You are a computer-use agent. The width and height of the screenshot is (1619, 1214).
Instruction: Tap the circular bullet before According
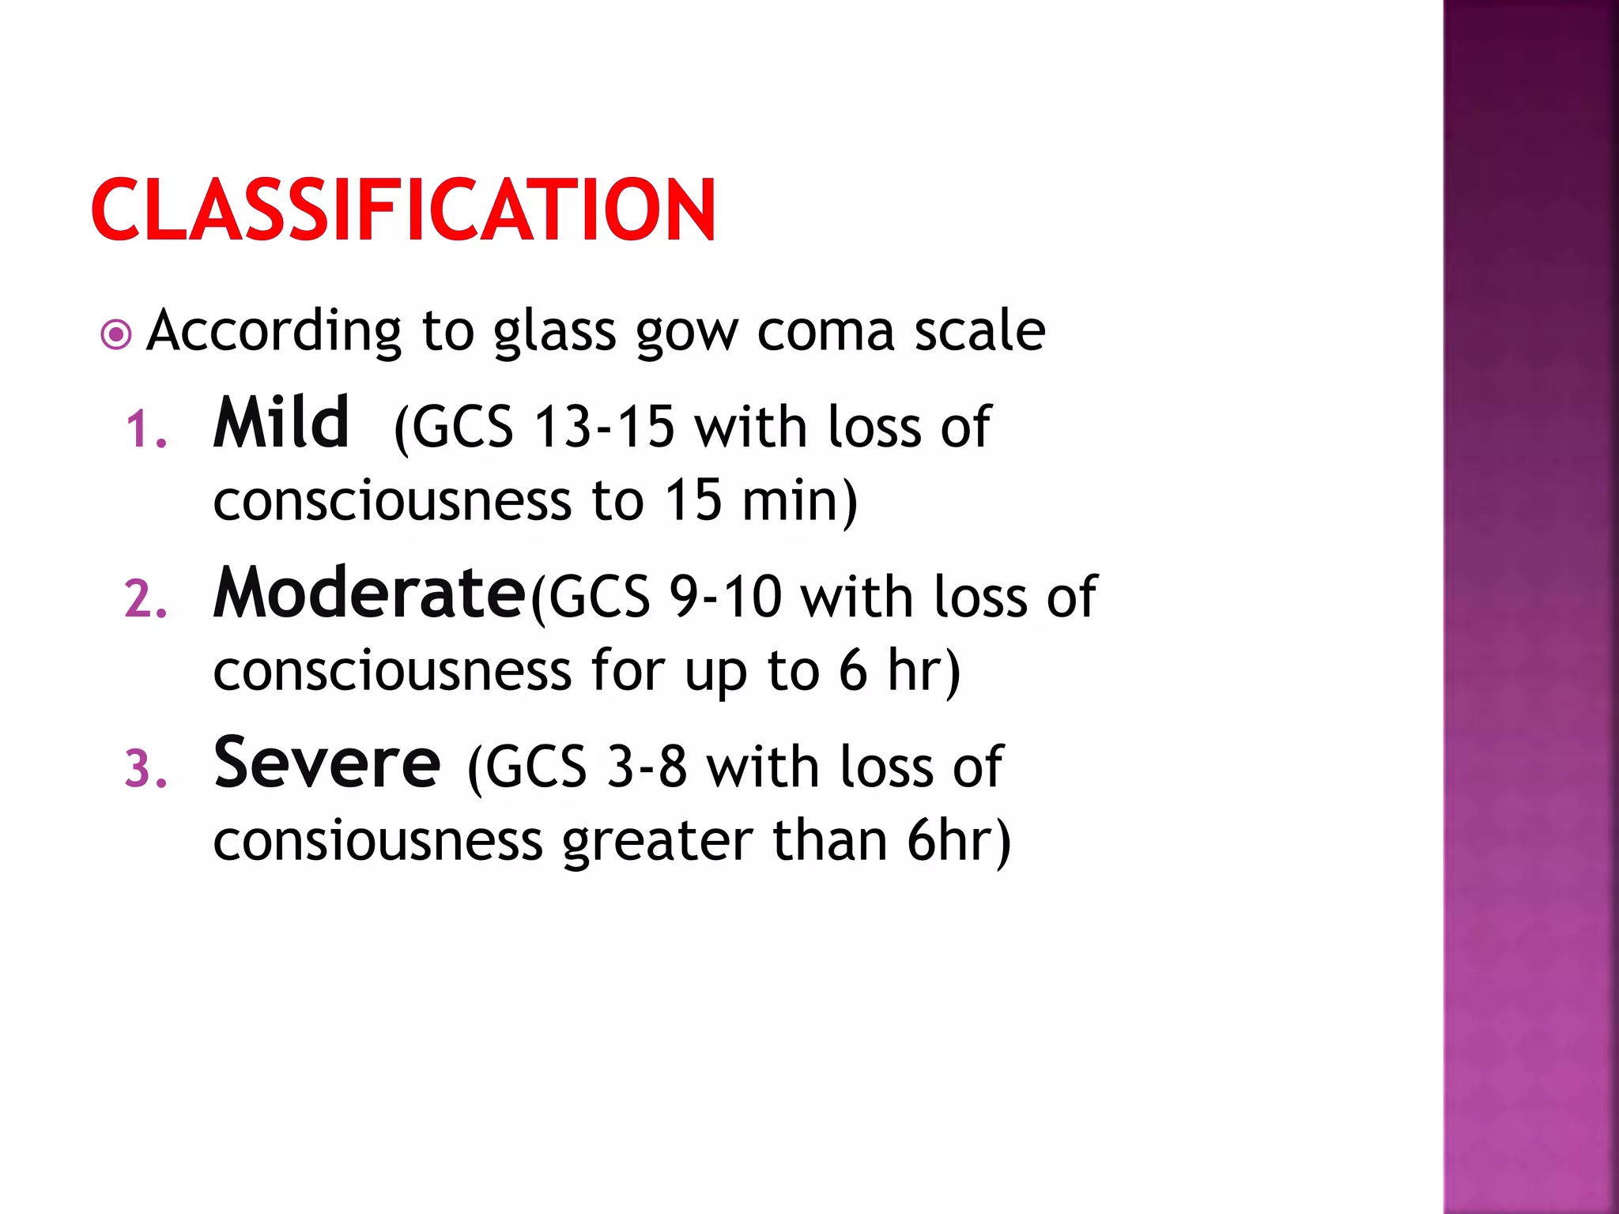pyautogui.click(x=116, y=335)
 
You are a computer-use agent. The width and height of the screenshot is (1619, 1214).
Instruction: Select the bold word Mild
pyautogui.click(x=281, y=424)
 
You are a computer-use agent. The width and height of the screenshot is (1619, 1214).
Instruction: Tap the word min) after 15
pyautogui.click(x=799, y=501)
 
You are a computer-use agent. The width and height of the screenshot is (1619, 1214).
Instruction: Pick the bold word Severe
pyautogui.click(x=326, y=763)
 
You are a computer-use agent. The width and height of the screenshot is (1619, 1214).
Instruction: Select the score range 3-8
pyautogui.click(x=647, y=767)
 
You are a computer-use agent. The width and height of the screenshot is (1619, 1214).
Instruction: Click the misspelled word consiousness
pyautogui.click(x=378, y=841)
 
